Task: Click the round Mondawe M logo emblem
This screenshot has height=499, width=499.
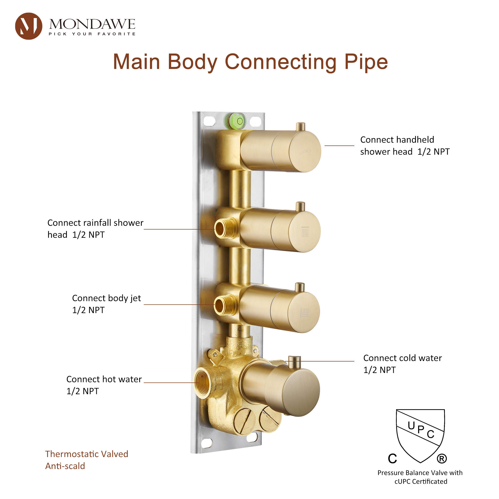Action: coord(28,26)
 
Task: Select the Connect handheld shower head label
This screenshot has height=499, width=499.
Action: coord(404,146)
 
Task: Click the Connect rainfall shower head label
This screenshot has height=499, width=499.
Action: coord(95,229)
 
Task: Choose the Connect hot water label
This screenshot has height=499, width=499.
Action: coord(104,385)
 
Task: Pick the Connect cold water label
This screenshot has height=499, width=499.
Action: coord(402,364)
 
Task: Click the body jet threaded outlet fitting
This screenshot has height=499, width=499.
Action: coord(223,306)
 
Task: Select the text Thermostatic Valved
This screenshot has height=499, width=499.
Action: coord(87,454)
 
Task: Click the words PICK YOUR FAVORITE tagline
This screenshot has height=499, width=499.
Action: coord(92,34)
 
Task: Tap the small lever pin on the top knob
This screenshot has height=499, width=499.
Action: coord(300,127)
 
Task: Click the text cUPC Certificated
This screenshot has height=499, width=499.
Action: coord(421,482)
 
